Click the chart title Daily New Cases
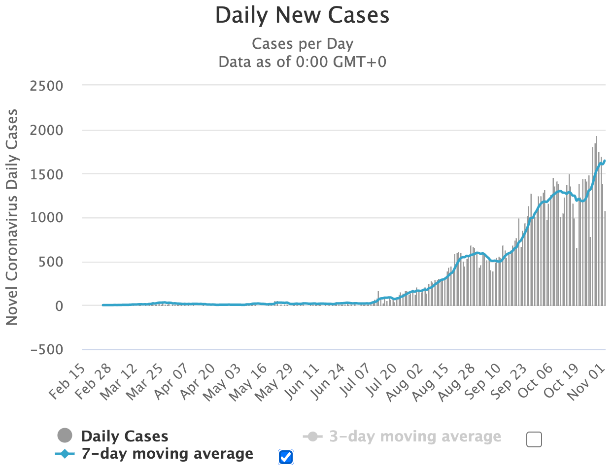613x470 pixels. click(x=302, y=15)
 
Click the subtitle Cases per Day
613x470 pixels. click(x=302, y=44)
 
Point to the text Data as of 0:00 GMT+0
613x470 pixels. click(x=302, y=62)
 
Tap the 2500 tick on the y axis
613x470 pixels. click(x=47, y=86)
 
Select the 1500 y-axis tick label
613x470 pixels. click(x=47, y=174)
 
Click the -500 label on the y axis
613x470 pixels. click(x=47, y=350)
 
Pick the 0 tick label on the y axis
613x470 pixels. click(x=59, y=306)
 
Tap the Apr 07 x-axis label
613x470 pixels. click(x=171, y=381)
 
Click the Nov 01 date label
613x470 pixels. click(x=586, y=381)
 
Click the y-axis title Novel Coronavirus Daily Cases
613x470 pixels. click(x=12, y=217)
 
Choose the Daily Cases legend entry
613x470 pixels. click(x=125, y=436)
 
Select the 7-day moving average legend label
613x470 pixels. click(x=168, y=454)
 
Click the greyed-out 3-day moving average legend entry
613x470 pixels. click(x=415, y=436)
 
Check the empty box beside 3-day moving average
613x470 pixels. click(x=534, y=439)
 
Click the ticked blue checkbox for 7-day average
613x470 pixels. click(x=286, y=457)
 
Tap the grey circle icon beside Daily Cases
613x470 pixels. click(x=65, y=436)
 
